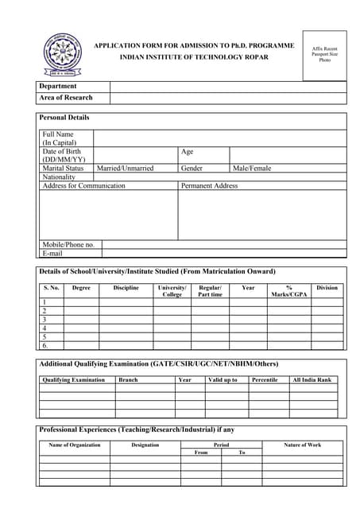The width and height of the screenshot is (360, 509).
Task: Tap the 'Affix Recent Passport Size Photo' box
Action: tap(324, 55)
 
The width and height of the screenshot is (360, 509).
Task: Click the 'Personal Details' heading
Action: tap(64, 118)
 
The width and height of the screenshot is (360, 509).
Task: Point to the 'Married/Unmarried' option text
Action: tap(125, 169)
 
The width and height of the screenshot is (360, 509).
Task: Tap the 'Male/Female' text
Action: tap(251, 169)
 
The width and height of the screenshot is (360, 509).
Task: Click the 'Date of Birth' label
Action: tap(61, 151)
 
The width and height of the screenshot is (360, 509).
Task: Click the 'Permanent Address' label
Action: tap(209, 186)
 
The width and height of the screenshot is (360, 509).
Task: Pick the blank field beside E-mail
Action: tap(224, 254)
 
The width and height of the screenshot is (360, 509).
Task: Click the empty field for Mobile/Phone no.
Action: tap(224, 245)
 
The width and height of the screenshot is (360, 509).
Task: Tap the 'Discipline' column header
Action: tap(126, 288)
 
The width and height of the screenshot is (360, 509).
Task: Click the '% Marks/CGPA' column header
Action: tap(288, 291)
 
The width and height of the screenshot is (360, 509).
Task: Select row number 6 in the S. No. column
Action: tap(45, 346)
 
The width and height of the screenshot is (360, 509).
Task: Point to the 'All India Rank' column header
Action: tap(312, 380)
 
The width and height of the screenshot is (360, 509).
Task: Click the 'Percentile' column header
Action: tap(264, 380)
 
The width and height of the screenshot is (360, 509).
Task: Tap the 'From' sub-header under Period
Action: tap(200, 453)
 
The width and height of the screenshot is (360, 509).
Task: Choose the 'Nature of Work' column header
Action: tap(303, 445)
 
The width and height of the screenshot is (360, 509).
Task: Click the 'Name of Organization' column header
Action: tap(75, 445)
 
